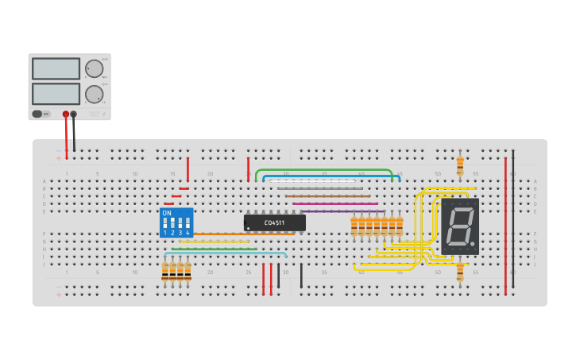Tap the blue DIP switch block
coord(176,223)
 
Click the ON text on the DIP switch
coord(166,213)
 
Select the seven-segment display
coord(460,226)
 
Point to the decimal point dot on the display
coord(474,244)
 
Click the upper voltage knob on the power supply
coord(95,68)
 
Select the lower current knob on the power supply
coord(95,94)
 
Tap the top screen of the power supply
coord(56,68)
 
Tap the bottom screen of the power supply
coord(56,94)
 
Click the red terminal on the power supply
coord(66,114)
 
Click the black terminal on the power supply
coord(74,114)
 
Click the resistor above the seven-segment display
coord(460,165)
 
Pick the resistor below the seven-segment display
coord(460,272)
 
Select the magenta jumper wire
coord(334,204)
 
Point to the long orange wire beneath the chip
coord(238,234)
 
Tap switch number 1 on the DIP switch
coord(165,223)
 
